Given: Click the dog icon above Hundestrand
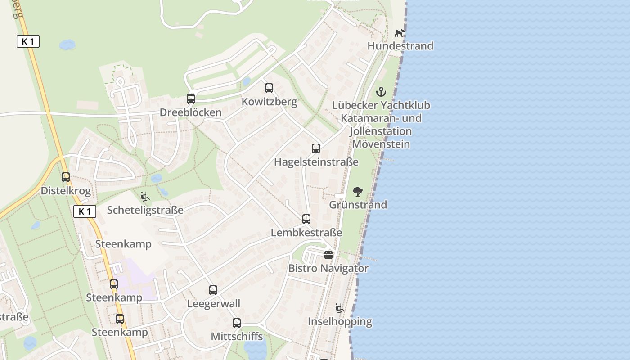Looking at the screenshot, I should click(x=400, y=33).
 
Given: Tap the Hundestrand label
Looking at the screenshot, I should click(x=400, y=46).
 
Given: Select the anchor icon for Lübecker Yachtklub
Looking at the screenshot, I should click(x=381, y=92).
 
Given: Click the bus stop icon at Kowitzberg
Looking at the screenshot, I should click(x=269, y=88).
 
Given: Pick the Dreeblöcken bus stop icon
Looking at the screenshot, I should click(x=191, y=99).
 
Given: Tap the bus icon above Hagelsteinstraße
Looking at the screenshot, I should click(x=316, y=148).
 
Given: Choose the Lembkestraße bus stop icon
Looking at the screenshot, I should click(x=306, y=219).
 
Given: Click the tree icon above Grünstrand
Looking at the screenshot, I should click(x=358, y=192).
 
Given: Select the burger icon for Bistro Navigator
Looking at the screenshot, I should click(x=328, y=255).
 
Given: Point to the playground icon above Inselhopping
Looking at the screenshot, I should click(x=340, y=308).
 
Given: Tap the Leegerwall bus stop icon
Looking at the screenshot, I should click(x=213, y=290).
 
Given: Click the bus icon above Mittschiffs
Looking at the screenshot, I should click(x=237, y=323).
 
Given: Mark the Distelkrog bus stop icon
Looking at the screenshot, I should click(x=66, y=177).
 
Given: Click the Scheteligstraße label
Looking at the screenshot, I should click(x=145, y=210).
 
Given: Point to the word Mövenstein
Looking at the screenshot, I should click(x=381, y=144).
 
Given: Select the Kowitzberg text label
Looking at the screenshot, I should click(x=269, y=102).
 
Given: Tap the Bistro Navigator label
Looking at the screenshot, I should click(x=328, y=269).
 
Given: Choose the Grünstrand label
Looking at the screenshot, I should click(x=358, y=205).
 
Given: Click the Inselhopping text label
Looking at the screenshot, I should click(x=340, y=322).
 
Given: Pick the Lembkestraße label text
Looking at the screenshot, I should click(x=306, y=233).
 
